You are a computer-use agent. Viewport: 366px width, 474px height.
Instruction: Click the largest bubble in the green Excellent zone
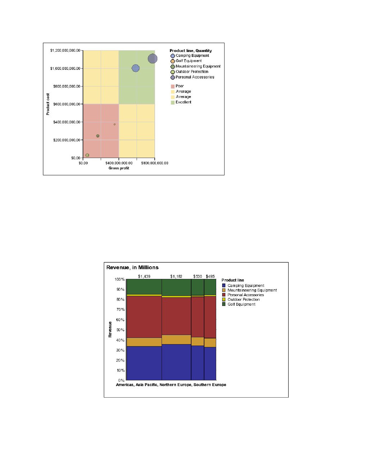click(152, 58)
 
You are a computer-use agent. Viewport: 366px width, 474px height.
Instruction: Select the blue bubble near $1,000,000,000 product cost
click(135, 68)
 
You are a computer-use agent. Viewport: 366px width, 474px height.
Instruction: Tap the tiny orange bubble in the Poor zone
click(115, 124)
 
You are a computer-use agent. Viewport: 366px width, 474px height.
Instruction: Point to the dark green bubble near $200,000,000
click(98, 136)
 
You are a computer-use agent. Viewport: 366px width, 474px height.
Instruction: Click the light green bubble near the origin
click(87, 155)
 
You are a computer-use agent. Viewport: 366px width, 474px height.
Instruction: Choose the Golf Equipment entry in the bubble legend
click(186, 61)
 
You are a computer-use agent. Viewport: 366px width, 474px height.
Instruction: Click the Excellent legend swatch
click(173, 102)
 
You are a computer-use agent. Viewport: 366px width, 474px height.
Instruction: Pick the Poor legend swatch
click(173, 86)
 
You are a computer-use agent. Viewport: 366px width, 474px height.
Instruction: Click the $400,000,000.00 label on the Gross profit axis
click(119, 163)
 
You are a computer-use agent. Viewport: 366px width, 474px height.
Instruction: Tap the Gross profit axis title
click(119, 168)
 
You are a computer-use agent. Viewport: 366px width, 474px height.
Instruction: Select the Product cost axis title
click(48, 104)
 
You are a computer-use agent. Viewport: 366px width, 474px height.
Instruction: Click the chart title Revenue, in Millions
click(132, 267)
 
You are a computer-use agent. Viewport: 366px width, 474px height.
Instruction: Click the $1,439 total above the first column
click(144, 276)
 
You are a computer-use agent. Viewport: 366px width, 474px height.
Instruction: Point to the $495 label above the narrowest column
click(210, 276)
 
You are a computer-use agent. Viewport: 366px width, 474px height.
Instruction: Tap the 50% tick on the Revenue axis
click(125, 330)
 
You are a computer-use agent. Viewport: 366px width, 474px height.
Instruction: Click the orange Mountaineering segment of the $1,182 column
click(176, 340)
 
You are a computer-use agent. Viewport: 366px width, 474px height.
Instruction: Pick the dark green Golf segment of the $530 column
click(197, 287)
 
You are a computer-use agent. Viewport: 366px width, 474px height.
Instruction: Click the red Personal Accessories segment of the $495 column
click(210, 317)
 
